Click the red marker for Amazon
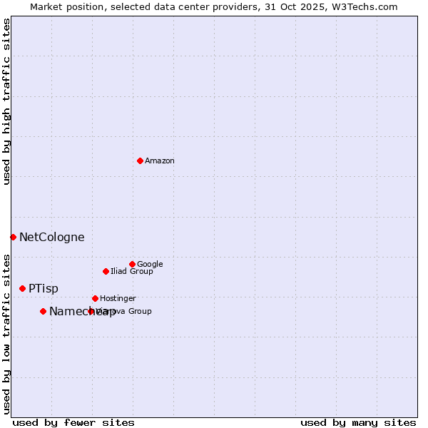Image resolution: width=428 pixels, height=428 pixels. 140,160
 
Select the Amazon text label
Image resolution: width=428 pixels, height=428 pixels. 160,161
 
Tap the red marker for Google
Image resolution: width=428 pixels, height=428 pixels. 132,264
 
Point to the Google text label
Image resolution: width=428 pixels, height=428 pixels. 150,265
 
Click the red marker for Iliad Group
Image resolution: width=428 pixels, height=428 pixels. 106,271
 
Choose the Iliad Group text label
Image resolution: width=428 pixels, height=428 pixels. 132,272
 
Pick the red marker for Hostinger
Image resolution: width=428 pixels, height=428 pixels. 95,298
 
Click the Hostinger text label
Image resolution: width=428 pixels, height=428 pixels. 118,299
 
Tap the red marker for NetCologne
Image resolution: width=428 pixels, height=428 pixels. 13,237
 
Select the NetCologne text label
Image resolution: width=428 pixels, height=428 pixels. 51,238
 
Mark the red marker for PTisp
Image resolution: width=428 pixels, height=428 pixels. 22,288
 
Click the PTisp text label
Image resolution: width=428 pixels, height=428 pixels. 44,289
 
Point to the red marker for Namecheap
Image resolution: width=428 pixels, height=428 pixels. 43,311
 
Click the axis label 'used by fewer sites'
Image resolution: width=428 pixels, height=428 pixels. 73,422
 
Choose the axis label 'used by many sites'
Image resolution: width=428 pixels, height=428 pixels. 358,422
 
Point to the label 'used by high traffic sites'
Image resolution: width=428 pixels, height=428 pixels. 7,101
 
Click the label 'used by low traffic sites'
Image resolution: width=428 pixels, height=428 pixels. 7,333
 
